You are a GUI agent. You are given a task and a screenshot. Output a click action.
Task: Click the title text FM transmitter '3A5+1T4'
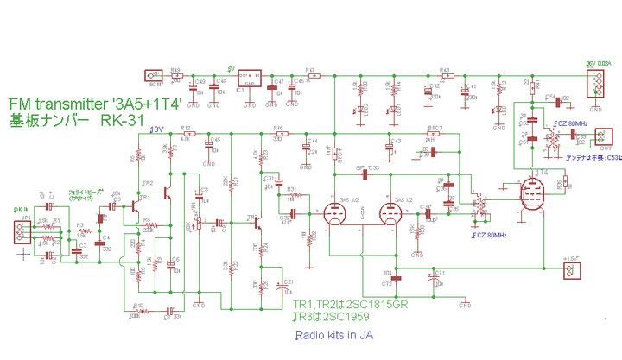coord(94,102)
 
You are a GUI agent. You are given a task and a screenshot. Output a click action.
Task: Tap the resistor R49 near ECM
coord(176,76)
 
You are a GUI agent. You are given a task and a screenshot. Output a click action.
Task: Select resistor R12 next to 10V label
coord(187,134)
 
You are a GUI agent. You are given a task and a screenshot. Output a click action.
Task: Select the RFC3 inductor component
coord(435,134)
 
